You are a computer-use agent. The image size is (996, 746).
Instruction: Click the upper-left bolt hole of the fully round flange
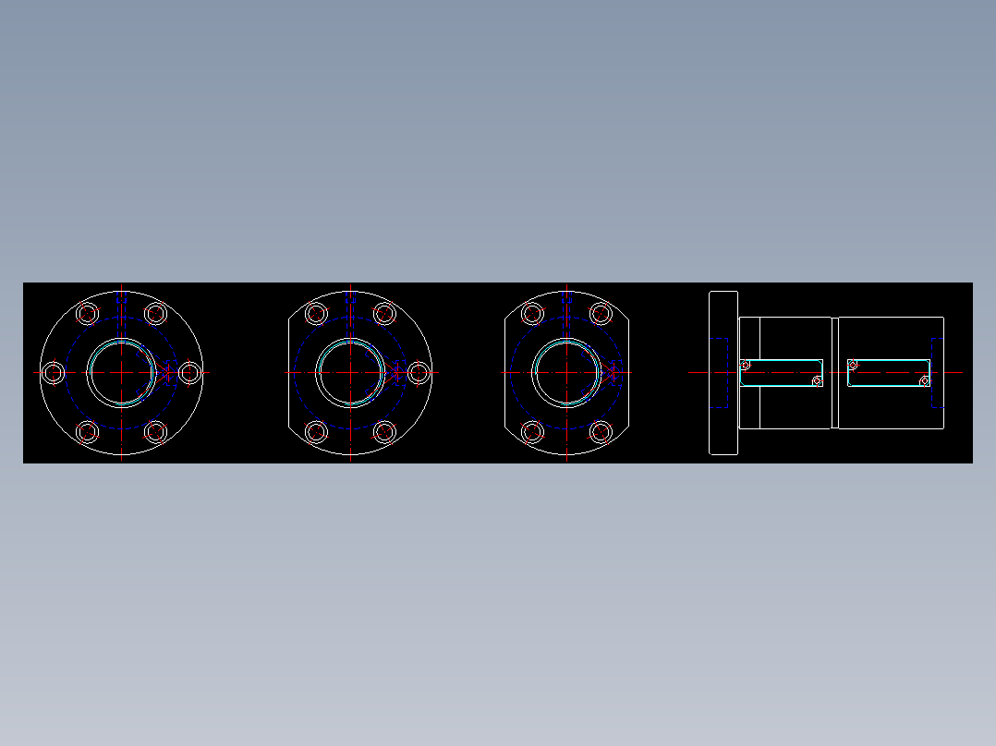88,314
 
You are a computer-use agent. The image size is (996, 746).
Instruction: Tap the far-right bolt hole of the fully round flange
189,373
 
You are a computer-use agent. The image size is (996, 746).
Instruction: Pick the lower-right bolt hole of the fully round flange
156,431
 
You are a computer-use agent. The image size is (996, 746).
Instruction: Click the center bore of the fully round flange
122,373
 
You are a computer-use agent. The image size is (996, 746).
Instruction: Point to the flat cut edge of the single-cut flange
290,373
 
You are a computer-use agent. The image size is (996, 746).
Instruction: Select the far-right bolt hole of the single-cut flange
419,373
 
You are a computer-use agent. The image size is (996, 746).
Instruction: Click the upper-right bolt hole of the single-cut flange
385,314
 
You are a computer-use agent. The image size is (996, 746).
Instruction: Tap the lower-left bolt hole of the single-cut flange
317,431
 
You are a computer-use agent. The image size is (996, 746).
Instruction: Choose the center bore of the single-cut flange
351,373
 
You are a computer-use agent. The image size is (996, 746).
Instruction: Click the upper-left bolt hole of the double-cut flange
533,314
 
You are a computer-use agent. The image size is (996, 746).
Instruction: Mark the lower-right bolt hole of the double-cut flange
601,431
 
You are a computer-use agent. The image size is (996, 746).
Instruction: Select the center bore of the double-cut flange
567,373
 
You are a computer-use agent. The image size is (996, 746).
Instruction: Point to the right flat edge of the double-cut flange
629,373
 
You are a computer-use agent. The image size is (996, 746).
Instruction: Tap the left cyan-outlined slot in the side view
782,373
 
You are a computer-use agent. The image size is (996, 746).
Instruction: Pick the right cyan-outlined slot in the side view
889,373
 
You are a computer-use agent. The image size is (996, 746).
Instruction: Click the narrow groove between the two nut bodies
835,373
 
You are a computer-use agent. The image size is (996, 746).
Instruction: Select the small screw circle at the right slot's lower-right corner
924,381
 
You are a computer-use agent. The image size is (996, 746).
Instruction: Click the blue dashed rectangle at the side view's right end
937,373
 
